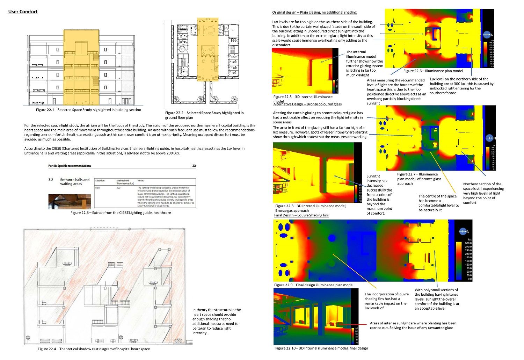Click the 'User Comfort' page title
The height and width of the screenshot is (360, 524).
[23, 12]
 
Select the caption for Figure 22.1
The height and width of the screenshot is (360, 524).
[88, 110]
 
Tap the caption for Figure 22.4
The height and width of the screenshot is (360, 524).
[94, 349]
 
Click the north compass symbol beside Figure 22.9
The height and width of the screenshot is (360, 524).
[463, 231]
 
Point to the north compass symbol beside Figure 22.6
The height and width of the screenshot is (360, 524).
[487, 35]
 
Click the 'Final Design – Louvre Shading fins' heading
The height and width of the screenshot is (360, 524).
[301, 215]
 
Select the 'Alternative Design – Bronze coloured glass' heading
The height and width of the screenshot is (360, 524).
[307, 104]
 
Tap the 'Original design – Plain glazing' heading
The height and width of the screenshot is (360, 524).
[314, 12]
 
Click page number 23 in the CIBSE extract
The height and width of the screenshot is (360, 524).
[194, 166]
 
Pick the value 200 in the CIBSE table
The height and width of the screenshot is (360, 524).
[118, 188]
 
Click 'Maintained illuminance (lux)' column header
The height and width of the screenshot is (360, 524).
[125, 182]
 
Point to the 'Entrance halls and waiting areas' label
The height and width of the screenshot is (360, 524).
[75, 182]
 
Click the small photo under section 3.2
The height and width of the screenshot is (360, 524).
[70, 202]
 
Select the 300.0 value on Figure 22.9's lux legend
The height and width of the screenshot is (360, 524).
[468, 243]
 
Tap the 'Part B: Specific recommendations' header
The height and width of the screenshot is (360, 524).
[70, 166]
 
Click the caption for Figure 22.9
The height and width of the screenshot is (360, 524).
[314, 285]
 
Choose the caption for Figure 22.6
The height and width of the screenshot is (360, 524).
[433, 71]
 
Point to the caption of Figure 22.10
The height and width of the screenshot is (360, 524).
[321, 348]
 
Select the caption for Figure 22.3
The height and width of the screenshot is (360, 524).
[121, 213]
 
